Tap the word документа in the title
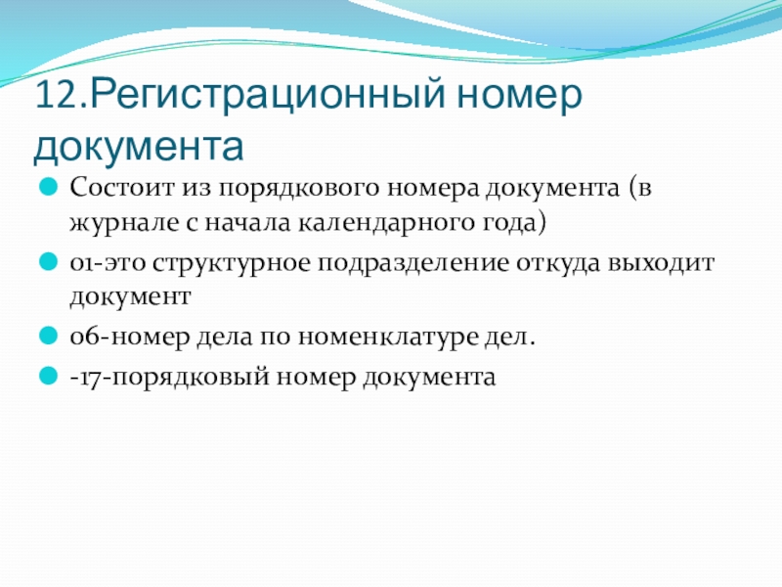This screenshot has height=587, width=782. pos(139,147)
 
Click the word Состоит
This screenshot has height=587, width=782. pos(122,188)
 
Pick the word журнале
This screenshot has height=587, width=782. pos(124,223)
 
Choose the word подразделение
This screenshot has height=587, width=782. pos(413,264)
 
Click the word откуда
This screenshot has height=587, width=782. pos(557,264)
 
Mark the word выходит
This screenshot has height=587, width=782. pos(661,262)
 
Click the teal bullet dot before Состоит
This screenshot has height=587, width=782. pos(48,188)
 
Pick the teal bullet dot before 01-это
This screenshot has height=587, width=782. pos(48,261)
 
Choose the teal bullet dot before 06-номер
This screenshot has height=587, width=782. pos(48,336)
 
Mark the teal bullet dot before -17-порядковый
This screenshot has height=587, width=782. pos(48,376)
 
